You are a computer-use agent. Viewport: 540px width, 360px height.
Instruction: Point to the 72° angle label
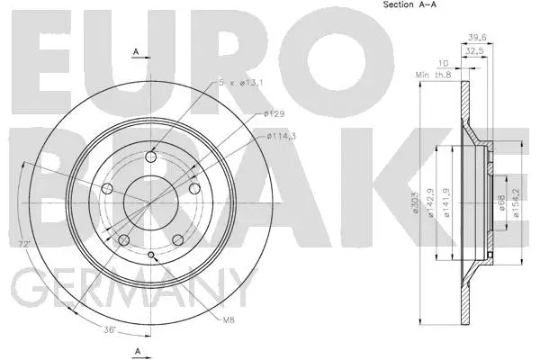(x=25, y=245)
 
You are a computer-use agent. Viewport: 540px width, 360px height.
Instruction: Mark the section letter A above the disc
(x=135, y=53)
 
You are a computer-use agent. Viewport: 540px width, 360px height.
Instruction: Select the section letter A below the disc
(x=135, y=349)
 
